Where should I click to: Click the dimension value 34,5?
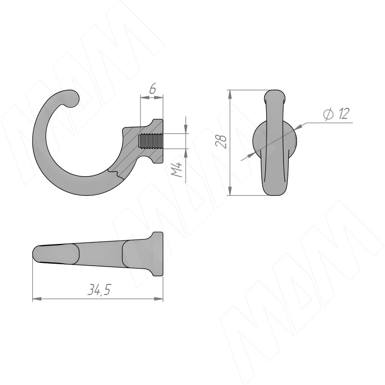tap(99, 290)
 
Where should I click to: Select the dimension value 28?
tap(221, 141)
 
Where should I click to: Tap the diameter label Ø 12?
tap(336, 114)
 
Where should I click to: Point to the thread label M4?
tap(177, 169)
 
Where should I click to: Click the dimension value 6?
tap(153, 89)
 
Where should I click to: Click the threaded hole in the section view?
tap(151, 141)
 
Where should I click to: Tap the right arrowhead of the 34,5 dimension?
tap(159, 299)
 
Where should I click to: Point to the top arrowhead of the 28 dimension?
tap(230, 94)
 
